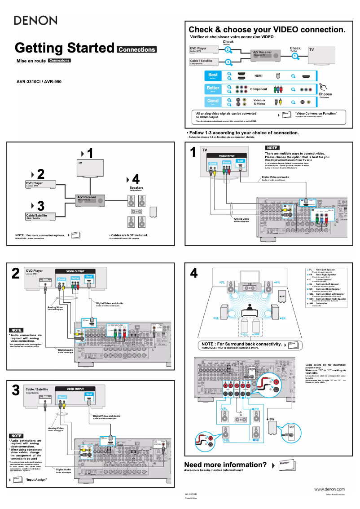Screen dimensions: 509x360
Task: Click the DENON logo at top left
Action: [x=35, y=20]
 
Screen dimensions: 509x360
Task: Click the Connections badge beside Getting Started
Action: [x=136, y=49]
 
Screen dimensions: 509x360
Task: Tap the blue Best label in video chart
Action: [x=213, y=76]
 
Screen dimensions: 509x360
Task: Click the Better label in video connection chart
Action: [x=213, y=89]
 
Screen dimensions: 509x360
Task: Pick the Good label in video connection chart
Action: [x=213, y=102]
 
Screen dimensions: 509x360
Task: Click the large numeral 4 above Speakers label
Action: [x=136, y=179]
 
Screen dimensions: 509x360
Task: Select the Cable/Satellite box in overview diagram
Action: [x=40, y=217]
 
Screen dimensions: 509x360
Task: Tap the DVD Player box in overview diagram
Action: [x=40, y=184]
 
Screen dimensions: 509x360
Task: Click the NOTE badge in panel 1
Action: [x=272, y=148]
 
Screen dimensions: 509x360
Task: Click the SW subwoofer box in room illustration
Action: [x=282, y=297]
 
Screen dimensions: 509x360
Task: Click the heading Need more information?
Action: [x=226, y=465]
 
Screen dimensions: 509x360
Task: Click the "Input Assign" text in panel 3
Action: [x=36, y=480]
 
